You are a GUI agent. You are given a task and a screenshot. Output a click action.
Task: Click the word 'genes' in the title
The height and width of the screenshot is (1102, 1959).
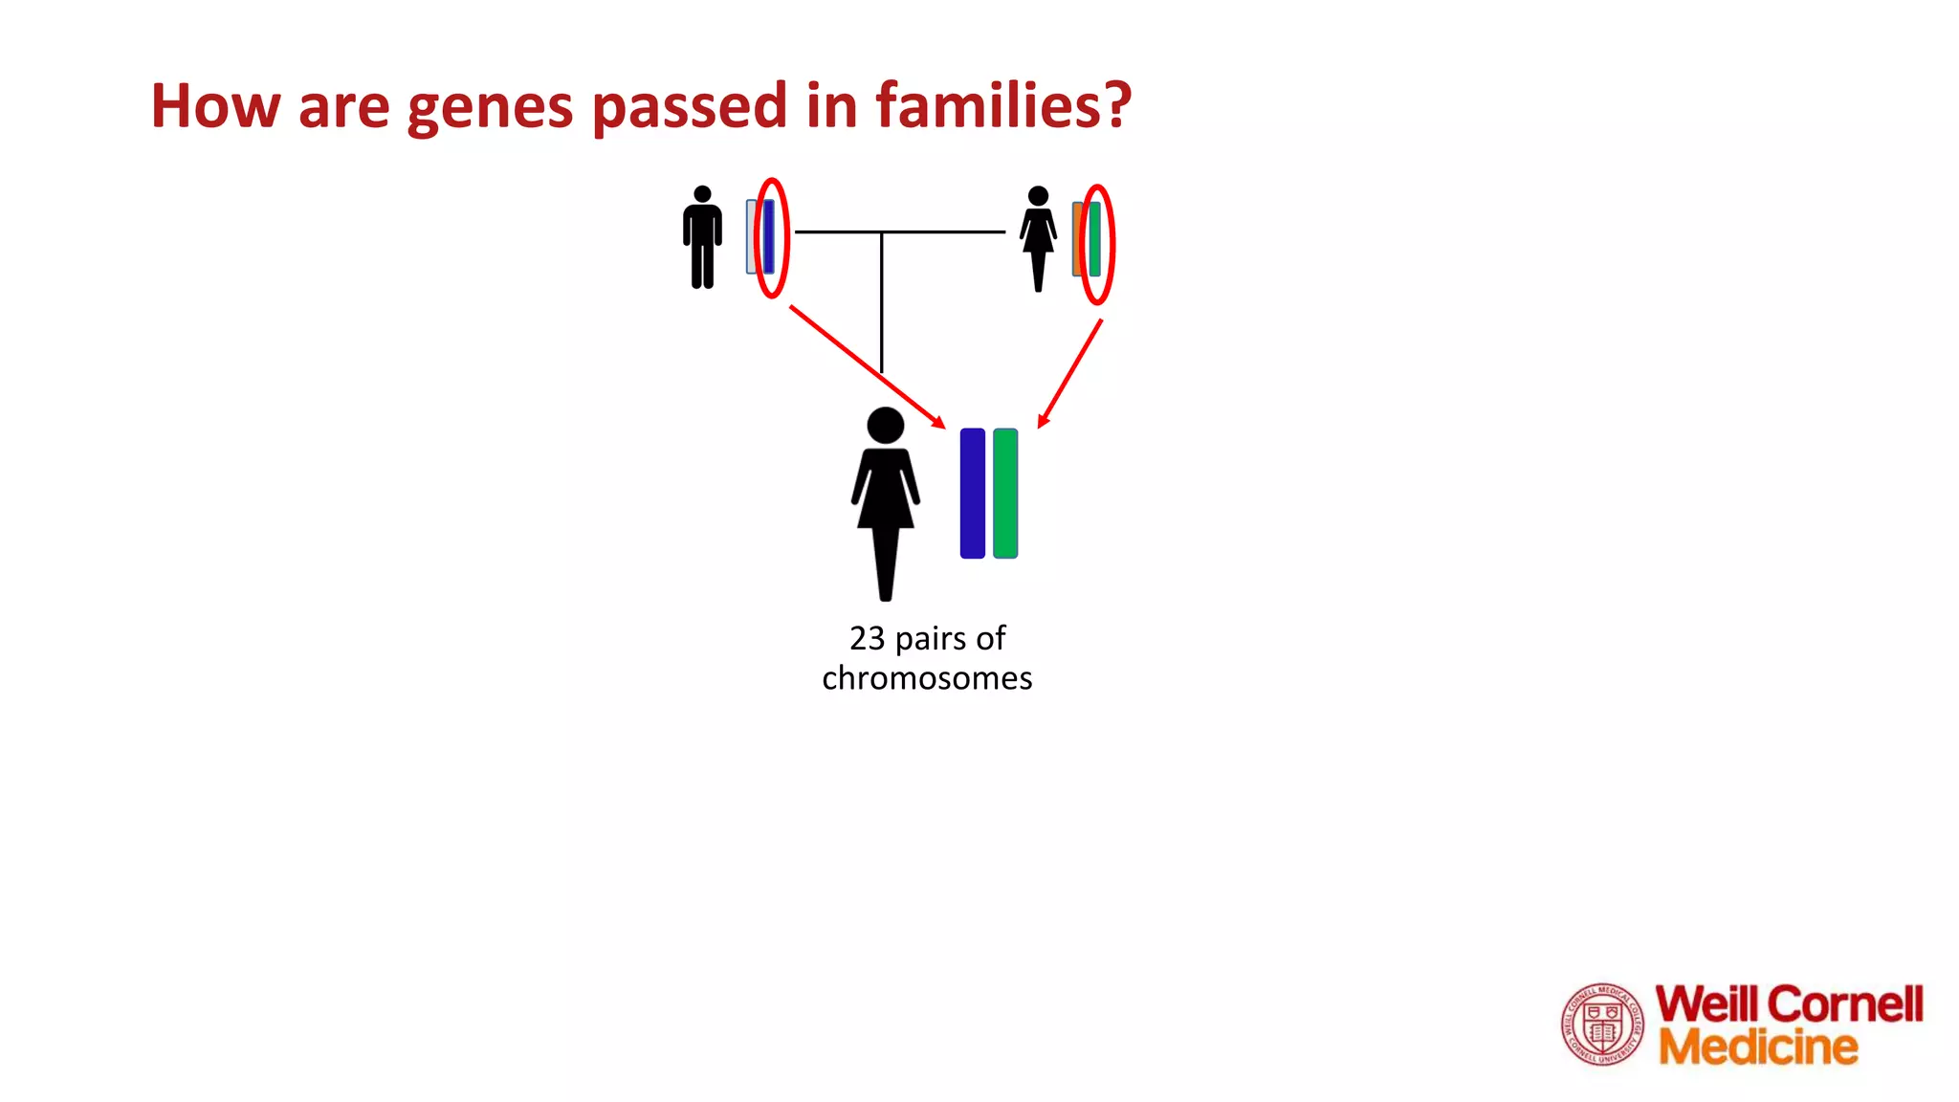click(489, 107)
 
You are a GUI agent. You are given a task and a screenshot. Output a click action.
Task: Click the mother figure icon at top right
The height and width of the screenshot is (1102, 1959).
click(1038, 239)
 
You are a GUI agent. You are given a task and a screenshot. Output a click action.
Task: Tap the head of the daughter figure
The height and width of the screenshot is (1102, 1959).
click(886, 426)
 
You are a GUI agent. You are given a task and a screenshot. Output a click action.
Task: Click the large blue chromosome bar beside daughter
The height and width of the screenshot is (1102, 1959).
click(972, 493)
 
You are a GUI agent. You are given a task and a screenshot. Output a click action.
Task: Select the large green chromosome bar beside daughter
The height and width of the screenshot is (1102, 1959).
click(1005, 493)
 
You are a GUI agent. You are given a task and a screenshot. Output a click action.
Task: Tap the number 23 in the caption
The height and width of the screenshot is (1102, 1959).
click(867, 638)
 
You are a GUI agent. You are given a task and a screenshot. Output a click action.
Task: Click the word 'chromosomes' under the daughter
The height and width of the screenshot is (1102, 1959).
click(927, 678)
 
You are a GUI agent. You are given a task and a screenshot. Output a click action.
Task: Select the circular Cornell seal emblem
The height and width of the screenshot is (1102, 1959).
click(1602, 1025)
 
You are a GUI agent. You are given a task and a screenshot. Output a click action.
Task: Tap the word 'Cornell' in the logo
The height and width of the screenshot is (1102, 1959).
click(1845, 1004)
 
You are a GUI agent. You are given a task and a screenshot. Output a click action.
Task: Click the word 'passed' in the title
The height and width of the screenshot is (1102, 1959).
click(690, 107)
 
